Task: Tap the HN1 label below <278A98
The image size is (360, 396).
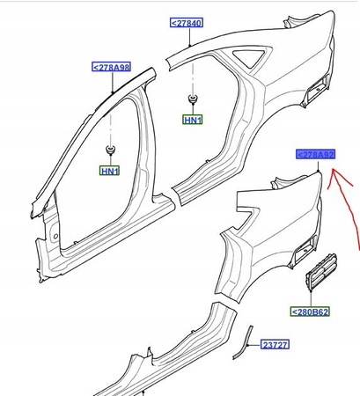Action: [108, 169]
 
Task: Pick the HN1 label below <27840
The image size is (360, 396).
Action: [193, 120]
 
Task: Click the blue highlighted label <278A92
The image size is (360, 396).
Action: [315, 155]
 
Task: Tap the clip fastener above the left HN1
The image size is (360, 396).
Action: [112, 147]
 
